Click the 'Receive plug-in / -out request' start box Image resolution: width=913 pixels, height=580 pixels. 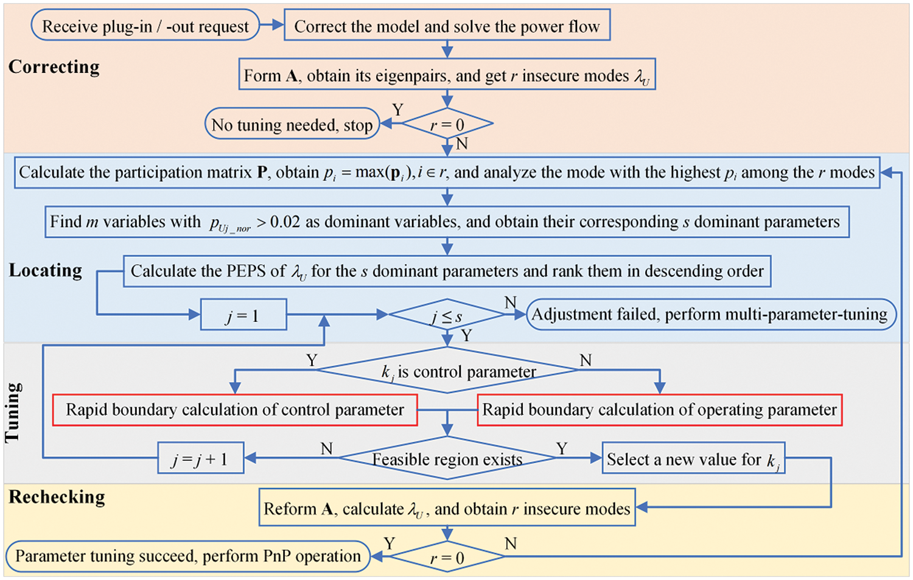(x=145, y=26)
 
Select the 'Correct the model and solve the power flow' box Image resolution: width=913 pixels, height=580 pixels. (x=447, y=26)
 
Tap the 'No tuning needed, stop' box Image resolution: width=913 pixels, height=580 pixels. (x=292, y=124)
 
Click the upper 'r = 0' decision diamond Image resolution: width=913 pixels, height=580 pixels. (x=447, y=124)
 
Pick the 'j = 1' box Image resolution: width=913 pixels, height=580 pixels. (x=243, y=315)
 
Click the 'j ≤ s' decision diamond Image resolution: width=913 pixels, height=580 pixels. (x=447, y=315)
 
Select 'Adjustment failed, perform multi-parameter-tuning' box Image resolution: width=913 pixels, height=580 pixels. (x=712, y=315)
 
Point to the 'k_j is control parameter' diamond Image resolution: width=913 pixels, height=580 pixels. (x=447, y=370)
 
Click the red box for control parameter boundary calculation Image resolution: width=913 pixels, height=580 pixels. (x=235, y=410)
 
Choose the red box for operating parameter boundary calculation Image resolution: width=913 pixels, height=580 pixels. (x=659, y=410)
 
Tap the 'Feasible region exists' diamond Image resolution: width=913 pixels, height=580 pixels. (x=447, y=458)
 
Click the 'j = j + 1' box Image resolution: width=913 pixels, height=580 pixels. (x=201, y=458)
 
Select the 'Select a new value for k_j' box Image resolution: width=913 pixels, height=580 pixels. (x=693, y=458)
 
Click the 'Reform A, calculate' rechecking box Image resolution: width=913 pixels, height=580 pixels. (x=447, y=508)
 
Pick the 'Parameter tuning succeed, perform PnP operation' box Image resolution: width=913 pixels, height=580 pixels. (x=188, y=556)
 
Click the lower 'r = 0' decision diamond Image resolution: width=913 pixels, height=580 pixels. (x=447, y=556)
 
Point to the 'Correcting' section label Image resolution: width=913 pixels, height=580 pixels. (x=54, y=67)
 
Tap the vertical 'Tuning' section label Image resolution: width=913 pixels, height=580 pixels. (x=13, y=412)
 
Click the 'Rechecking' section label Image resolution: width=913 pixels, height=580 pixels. (x=57, y=497)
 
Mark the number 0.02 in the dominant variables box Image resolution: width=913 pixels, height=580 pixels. (x=285, y=222)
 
